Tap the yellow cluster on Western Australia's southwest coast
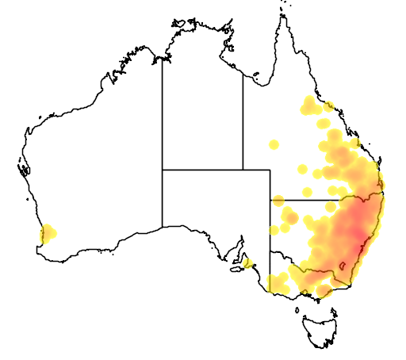point(47,232)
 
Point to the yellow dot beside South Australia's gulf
point(247,262)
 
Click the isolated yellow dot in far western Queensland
point(274,144)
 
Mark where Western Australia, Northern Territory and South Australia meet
point(163,169)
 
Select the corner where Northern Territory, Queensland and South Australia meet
point(243,169)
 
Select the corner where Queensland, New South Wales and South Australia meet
point(270,200)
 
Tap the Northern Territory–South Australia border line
point(202,169)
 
